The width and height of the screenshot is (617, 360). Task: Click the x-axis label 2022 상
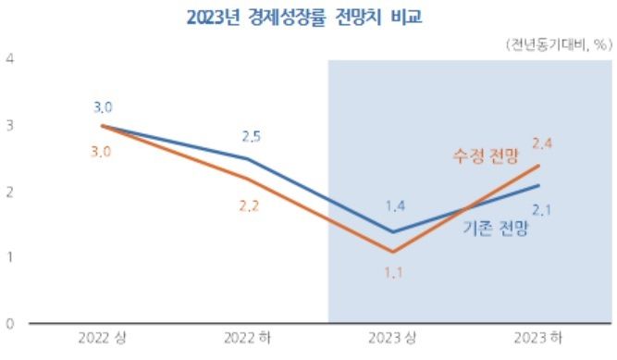[103, 339]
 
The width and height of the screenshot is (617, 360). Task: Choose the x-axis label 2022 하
[250, 339]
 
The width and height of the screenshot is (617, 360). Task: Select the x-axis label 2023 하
[539, 339]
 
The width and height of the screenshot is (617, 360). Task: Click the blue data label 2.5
[250, 137]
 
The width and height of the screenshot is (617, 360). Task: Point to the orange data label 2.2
[250, 206]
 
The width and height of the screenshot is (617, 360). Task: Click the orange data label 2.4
[542, 143]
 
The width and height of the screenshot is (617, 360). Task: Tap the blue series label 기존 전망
[494, 229]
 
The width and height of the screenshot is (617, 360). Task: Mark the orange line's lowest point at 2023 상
[393, 252]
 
